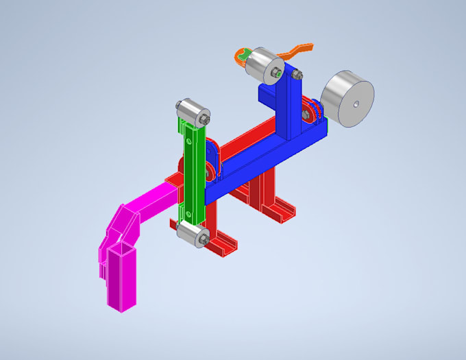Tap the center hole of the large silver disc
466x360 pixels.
pos(357,104)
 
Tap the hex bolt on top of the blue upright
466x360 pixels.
pos(306,116)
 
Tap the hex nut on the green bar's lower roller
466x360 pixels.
pos(204,239)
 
